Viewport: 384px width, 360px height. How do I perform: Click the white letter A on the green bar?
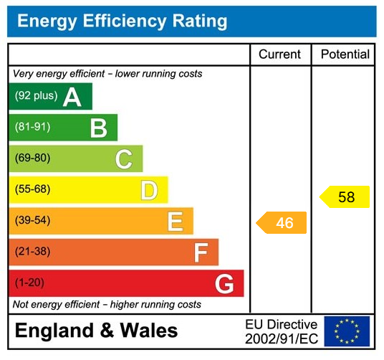72,97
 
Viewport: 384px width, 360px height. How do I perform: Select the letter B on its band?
98,128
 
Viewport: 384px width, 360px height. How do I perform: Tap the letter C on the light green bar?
124,158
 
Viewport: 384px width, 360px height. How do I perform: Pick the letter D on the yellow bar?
149,190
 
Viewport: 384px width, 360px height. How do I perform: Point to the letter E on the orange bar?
175,221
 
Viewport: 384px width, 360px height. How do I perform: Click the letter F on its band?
201,252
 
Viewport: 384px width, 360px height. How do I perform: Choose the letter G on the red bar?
225,284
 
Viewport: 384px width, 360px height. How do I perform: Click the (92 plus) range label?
36,96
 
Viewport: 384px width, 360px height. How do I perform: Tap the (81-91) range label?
33,127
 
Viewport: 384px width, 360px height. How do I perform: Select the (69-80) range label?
33,158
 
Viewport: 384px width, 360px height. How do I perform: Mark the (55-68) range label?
33,189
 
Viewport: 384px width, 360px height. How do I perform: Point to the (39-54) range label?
33,220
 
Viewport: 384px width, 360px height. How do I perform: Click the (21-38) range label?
33,252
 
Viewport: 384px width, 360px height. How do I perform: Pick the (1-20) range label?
29,283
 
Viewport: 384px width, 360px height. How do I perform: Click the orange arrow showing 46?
282,222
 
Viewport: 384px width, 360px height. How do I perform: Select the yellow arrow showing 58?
345,196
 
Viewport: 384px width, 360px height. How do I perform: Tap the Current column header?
279,55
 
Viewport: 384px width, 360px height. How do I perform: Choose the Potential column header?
345,55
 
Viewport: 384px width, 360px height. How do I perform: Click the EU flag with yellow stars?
347,331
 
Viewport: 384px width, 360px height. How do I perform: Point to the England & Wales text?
96,331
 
